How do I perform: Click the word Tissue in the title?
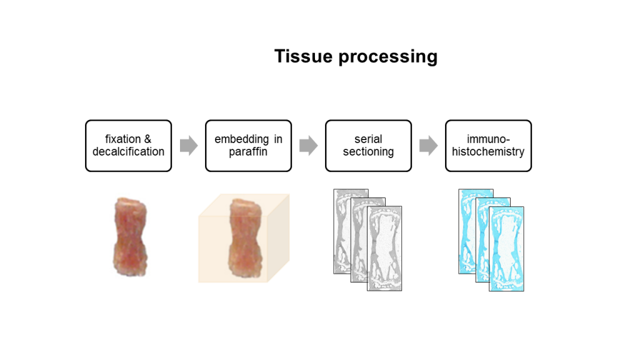(x=303, y=56)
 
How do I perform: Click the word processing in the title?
(x=387, y=57)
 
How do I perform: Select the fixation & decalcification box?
(x=128, y=146)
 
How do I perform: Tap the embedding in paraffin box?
(x=248, y=146)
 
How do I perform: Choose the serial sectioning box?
(x=368, y=146)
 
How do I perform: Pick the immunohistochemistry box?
(x=488, y=146)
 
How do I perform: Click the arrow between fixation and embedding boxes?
(x=189, y=145)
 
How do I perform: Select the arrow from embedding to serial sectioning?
(x=309, y=145)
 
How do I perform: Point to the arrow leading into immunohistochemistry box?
(x=429, y=145)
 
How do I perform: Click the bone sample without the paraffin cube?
(x=130, y=237)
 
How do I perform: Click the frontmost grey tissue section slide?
(x=384, y=249)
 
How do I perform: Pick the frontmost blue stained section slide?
(x=506, y=249)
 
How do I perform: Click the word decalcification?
(x=128, y=152)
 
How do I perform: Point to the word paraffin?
(x=248, y=152)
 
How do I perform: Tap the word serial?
(x=368, y=139)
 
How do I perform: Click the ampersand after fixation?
(x=147, y=139)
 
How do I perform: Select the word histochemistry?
(x=488, y=152)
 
